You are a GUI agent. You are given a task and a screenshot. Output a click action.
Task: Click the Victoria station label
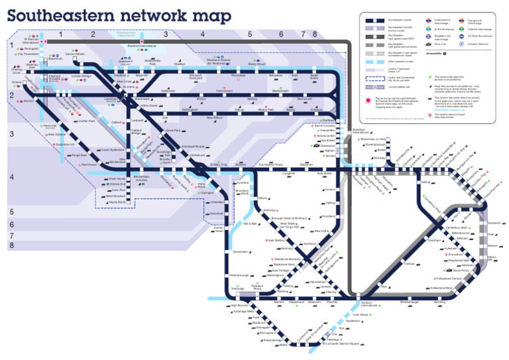pos(17,82)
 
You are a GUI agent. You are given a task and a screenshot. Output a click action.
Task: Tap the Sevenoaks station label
pos(240,252)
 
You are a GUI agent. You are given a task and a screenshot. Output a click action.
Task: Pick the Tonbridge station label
pos(237,289)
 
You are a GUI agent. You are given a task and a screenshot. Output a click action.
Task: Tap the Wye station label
pos(382,286)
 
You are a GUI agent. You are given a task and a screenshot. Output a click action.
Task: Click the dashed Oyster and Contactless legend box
pos(374,78)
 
